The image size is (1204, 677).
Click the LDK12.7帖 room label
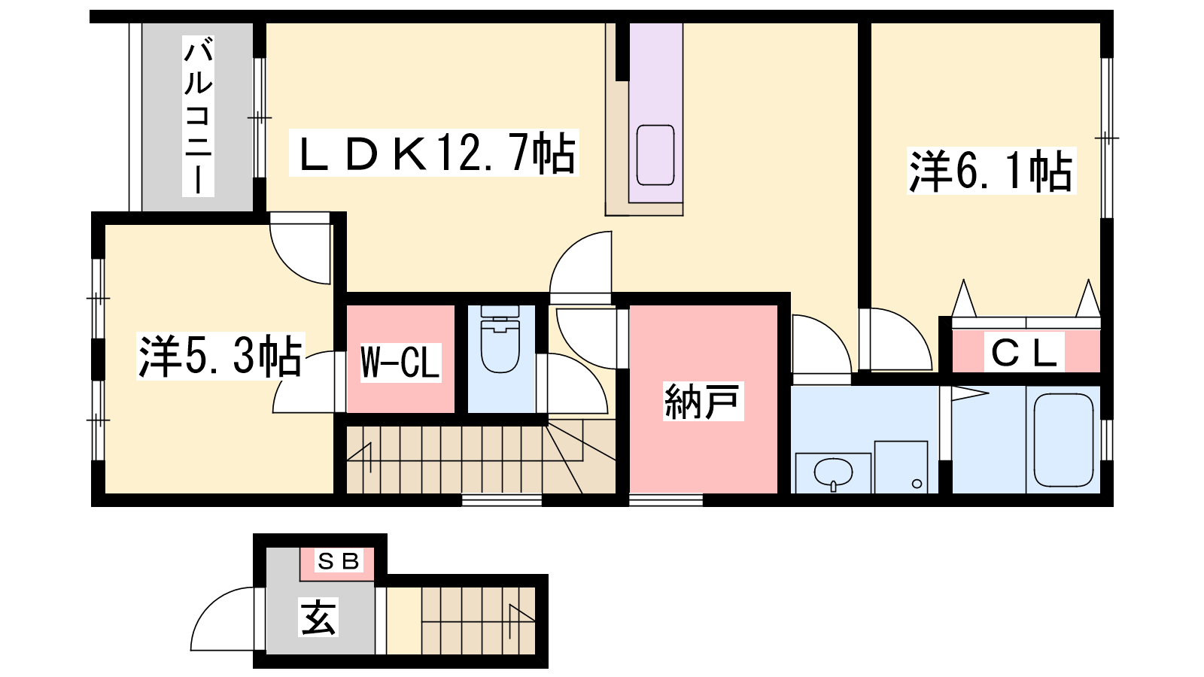(x=433, y=153)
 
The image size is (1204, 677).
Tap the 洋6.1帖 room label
(x=990, y=170)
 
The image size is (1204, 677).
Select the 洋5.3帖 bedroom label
(x=220, y=356)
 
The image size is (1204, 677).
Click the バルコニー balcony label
(x=199, y=116)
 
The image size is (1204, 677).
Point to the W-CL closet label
(x=400, y=363)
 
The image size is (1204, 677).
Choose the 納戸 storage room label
(x=703, y=401)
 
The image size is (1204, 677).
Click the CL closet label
(x=1024, y=352)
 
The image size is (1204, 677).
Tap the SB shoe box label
(x=339, y=561)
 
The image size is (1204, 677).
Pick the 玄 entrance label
(x=318, y=617)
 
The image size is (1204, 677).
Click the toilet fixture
(x=500, y=339)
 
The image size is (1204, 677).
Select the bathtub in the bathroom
(x=1063, y=440)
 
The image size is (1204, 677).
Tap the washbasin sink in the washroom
(x=833, y=473)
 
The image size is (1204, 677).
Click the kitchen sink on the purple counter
(x=655, y=155)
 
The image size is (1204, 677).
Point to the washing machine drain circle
(x=917, y=484)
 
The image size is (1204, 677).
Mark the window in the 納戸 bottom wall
(x=666, y=500)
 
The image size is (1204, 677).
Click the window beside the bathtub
(x=1107, y=439)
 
